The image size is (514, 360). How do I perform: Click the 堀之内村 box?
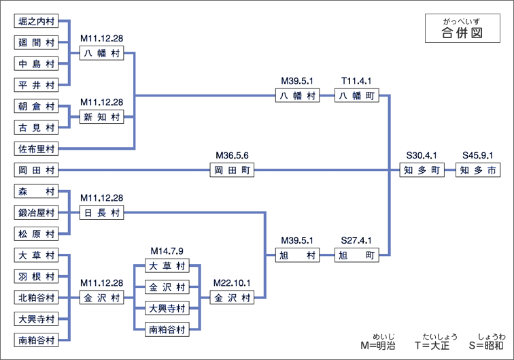[36, 22]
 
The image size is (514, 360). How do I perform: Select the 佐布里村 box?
[36, 148]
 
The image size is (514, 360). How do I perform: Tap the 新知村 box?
[101, 117]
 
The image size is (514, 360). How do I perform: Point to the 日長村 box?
[101, 213]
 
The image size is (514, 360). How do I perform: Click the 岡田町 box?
[232, 170]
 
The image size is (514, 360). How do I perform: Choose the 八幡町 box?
[358, 96]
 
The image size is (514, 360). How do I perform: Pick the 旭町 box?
[358, 255]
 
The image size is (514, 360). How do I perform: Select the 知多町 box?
[422, 170]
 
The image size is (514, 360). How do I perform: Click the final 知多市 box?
[477, 170]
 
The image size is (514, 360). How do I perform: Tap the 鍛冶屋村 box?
[36, 213]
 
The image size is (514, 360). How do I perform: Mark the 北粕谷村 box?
[36, 297]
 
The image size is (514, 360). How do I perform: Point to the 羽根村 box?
[36, 276]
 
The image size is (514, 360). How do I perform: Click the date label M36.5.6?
[232, 155]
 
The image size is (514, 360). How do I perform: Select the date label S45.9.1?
[477, 155]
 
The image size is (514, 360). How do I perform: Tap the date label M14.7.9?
[167, 250]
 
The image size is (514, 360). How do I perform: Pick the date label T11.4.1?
[358, 80]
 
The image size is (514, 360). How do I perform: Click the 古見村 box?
[36, 127]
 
